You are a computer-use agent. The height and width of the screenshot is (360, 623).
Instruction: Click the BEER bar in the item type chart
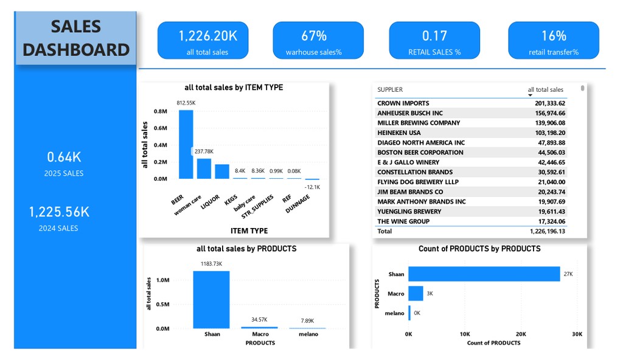pos(186,144)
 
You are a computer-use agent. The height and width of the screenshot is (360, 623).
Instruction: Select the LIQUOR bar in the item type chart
pos(222,171)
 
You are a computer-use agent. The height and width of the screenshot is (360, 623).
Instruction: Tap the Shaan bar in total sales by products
pos(211,299)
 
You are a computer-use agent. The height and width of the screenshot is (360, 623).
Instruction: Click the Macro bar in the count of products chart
pos(416,294)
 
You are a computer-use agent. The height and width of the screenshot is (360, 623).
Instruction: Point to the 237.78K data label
pos(204,151)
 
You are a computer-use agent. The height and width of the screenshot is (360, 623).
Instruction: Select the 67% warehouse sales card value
pos(314,36)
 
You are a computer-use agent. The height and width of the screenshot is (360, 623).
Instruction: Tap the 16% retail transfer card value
pos(554,36)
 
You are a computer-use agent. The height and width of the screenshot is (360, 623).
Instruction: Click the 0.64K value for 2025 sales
pos(64,157)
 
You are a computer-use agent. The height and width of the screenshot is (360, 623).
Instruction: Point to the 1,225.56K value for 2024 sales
pos(60,212)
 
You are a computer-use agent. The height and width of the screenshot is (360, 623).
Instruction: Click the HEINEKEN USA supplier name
pos(399,133)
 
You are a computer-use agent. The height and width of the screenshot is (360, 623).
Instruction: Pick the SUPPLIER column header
pos(390,90)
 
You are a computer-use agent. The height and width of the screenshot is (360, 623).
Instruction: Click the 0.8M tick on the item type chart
pos(161,111)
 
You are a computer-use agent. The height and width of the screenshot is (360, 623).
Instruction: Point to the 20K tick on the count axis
pos(521,334)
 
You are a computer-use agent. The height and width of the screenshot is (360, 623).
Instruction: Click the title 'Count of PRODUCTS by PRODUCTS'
pos(479,249)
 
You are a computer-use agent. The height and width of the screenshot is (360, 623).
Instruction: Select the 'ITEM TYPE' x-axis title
pos(249,231)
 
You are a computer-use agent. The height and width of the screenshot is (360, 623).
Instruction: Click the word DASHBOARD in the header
pos(76,50)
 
